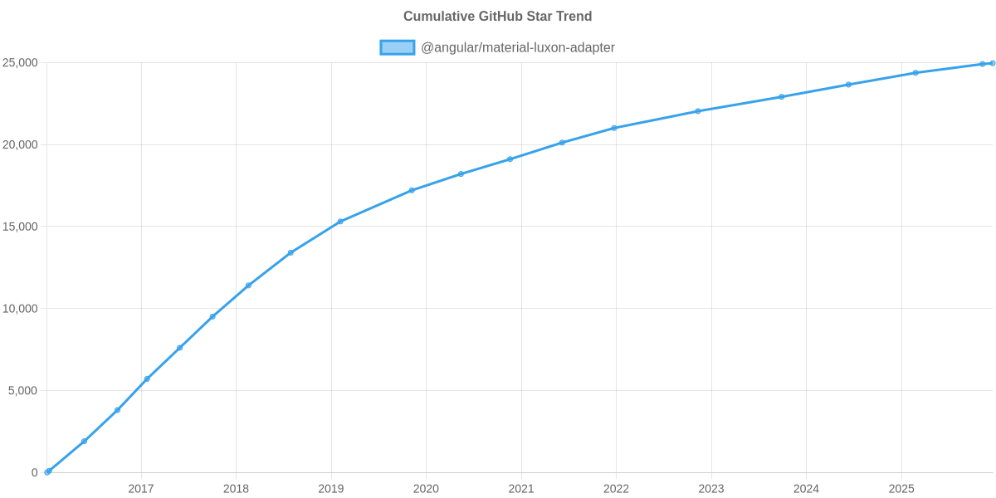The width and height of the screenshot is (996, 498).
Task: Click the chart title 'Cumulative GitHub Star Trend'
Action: [497, 17]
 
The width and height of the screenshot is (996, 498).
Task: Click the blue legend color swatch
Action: [397, 47]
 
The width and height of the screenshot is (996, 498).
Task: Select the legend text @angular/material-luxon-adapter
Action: [518, 47]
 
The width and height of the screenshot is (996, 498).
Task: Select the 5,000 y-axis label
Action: [23, 390]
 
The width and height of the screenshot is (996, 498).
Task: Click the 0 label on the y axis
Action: [35, 472]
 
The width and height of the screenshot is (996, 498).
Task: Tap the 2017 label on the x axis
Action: [141, 489]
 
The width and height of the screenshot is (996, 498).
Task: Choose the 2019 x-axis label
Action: [331, 489]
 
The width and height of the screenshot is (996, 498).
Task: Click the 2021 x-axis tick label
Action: [521, 489]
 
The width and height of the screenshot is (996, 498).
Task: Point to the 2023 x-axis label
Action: [711, 489]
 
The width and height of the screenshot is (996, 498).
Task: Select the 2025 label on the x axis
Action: [901, 489]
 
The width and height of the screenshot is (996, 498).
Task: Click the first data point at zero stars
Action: [47, 471]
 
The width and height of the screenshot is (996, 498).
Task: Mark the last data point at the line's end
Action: [993, 63]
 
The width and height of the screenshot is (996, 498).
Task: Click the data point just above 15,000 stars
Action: [340, 222]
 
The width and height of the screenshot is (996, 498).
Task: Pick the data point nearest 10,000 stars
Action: [212, 316]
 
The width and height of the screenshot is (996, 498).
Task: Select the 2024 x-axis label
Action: [806, 489]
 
